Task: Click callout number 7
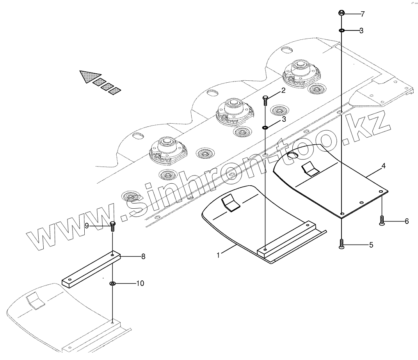click(363, 14)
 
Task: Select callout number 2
click(283, 91)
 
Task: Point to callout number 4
click(384, 166)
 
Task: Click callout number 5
click(371, 245)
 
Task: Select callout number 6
click(406, 221)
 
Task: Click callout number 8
click(143, 256)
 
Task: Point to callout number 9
click(87, 225)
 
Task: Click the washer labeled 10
click(112, 284)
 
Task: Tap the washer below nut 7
click(341, 30)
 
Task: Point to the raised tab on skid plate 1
click(230, 203)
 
